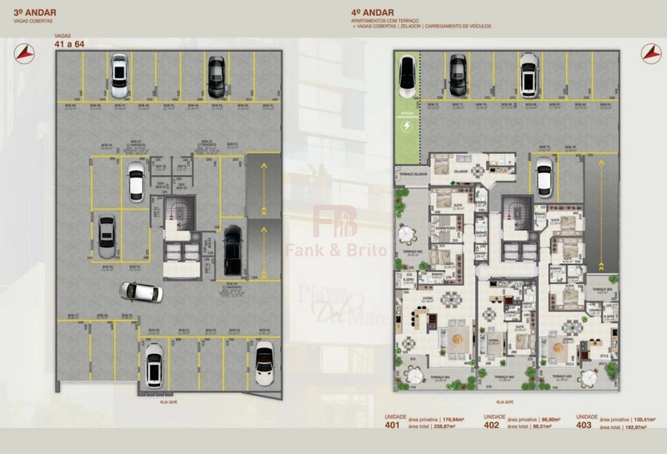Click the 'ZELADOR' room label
coord(459,170)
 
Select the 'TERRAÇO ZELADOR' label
coord(414,174)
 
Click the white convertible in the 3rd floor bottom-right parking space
coord(263,367)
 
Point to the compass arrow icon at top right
coord(648,52)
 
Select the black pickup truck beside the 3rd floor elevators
coord(233,248)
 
